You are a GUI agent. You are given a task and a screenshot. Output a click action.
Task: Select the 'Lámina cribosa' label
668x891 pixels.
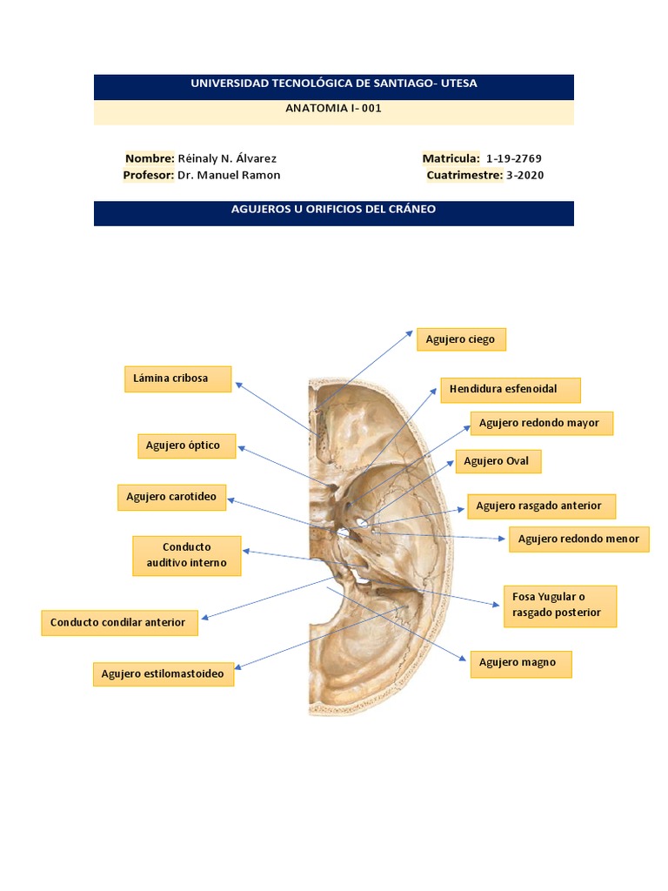tap(177, 379)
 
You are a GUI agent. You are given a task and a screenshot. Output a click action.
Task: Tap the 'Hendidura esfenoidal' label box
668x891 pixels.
tap(510, 390)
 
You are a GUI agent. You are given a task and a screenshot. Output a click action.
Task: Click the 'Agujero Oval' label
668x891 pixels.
tap(497, 461)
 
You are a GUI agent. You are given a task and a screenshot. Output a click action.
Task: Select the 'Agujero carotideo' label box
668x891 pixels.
tap(171, 497)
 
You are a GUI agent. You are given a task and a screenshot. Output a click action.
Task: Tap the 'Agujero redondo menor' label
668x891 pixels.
tap(578, 539)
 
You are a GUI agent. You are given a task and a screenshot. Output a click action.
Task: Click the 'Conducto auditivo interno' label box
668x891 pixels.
tap(186, 555)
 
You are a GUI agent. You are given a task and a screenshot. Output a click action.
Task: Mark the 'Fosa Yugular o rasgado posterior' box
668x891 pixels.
tap(559, 606)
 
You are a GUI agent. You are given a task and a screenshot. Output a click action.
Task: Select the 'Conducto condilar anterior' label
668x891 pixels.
tap(118, 623)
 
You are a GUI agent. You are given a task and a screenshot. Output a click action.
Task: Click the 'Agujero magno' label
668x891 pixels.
tap(520, 664)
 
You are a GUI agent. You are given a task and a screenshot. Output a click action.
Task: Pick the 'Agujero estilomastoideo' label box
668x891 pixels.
tap(164, 673)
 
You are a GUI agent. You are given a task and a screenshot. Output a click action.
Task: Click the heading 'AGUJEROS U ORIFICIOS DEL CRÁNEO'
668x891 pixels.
tap(333, 210)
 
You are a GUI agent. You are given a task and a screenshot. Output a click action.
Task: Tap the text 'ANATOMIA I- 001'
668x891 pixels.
tap(333, 109)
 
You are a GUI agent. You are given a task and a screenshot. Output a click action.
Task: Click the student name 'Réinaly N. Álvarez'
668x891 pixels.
tap(227, 158)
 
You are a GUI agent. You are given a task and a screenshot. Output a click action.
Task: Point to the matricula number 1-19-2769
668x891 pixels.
tap(514, 158)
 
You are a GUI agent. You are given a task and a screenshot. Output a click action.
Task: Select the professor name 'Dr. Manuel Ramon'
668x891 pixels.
tap(229, 175)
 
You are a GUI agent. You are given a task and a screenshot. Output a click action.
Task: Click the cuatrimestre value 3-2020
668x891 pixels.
tap(525, 175)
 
